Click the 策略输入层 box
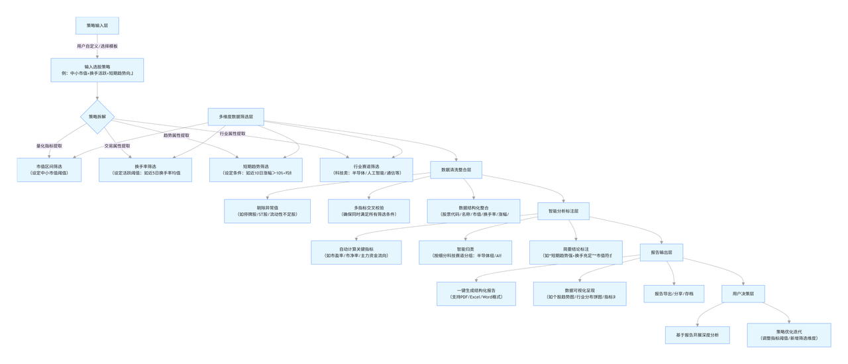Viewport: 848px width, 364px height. tap(97, 26)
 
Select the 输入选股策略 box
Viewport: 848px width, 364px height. tap(97, 70)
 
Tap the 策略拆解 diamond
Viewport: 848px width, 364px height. tap(97, 117)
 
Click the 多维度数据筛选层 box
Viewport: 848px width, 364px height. tap(236, 117)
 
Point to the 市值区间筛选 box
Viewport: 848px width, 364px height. tap(49, 170)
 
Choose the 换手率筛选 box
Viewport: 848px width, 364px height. tap(145, 170)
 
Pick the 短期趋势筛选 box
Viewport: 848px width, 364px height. tap(256, 170)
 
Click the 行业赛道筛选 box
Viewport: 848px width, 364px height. tap(366, 170)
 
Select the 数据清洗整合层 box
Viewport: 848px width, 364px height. tap(456, 170)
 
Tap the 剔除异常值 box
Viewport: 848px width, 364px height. tap(267, 211)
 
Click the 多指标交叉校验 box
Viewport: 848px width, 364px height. tap(368, 211)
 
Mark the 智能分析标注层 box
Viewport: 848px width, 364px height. tap(563, 212)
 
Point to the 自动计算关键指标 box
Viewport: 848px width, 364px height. tap(356, 253)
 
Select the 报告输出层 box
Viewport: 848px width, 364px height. tap(661, 253)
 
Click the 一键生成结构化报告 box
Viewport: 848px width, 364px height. tap(476, 294)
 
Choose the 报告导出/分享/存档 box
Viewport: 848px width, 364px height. tap(674, 294)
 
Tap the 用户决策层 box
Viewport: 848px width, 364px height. tap(743, 294)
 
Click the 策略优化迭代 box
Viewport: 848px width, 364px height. tap(788, 335)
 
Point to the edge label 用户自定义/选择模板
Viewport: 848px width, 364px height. tap(97, 46)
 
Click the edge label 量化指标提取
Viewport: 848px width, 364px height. tap(49, 146)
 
